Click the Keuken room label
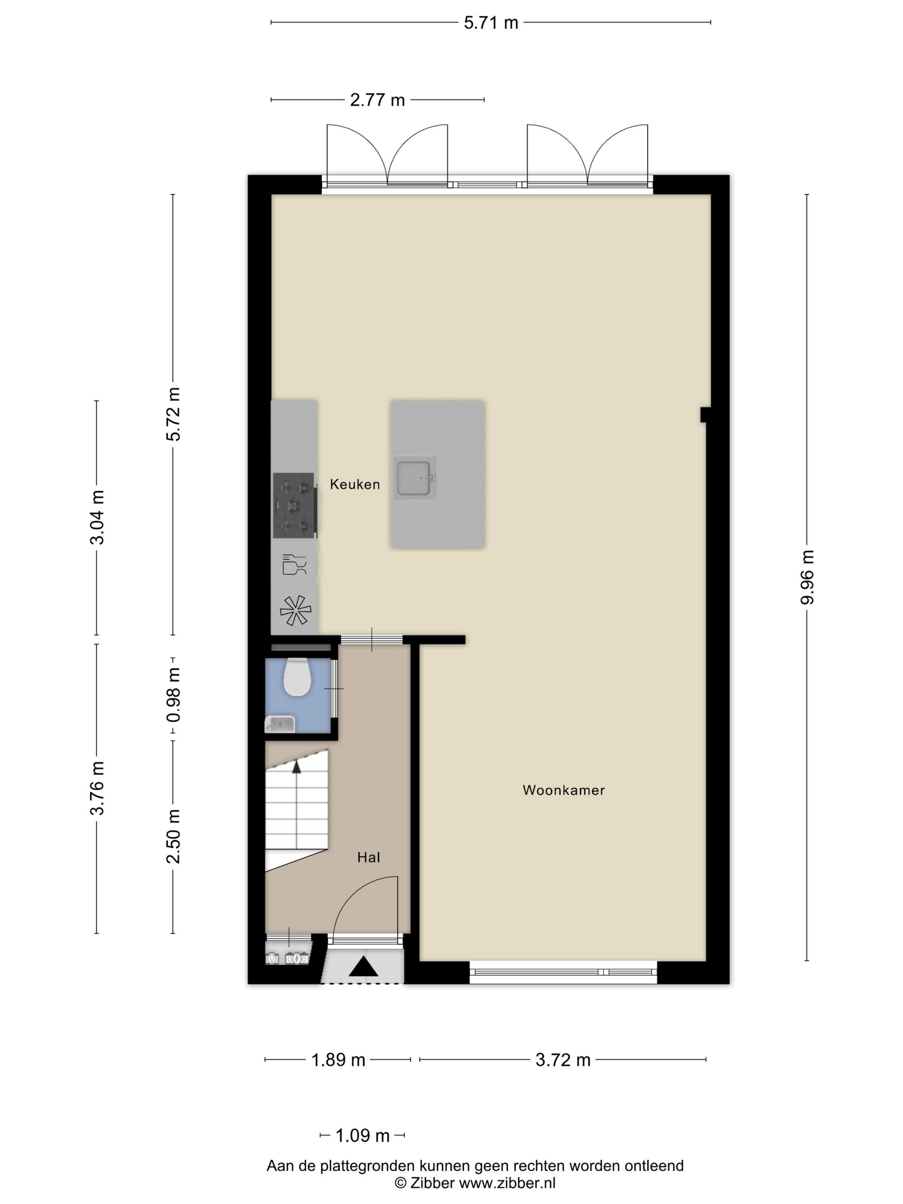[x=354, y=485]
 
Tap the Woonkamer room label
[x=563, y=790]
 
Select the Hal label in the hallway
[x=368, y=858]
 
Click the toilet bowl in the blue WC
[x=297, y=677]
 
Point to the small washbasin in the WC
[x=280, y=725]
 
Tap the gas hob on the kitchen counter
[x=294, y=506]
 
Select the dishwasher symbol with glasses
[x=295, y=565]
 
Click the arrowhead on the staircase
[x=297, y=767]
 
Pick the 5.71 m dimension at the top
[x=491, y=23]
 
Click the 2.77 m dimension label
[x=377, y=100]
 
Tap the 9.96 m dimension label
[x=807, y=577]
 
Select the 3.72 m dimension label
[x=563, y=1060]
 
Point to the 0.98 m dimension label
[x=174, y=695]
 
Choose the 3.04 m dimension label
[x=97, y=518]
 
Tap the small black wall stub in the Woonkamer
[x=705, y=415]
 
